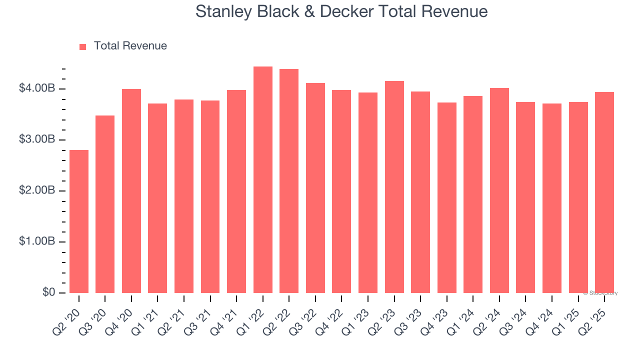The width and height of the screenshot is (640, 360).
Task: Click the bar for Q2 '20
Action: [x=79, y=221]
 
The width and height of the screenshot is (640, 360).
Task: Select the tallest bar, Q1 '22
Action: [x=263, y=180]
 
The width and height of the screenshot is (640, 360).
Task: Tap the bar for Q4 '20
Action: [x=131, y=191]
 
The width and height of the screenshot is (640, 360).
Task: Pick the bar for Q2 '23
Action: [x=394, y=187]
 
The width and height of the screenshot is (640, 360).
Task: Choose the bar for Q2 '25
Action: [x=604, y=192]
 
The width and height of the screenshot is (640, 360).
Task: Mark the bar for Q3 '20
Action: [x=105, y=204]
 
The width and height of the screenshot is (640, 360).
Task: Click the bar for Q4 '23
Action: [x=447, y=197]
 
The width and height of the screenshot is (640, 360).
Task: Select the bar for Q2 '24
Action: [x=499, y=190]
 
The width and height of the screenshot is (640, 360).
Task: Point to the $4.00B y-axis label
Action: [x=36, y=88]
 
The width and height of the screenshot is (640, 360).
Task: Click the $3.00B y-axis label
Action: [x=36, y=139]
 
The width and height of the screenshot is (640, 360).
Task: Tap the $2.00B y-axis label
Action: [x=36, y=190]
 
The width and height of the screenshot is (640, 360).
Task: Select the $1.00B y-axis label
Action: [x=36, y=241]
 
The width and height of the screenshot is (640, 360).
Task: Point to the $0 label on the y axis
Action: [x=48, y=292]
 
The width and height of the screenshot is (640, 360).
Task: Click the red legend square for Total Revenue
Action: [x=83, y=46]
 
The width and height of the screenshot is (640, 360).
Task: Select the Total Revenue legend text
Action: [x=130, y=46]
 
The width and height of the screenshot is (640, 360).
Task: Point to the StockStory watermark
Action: [x=600, y=293]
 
